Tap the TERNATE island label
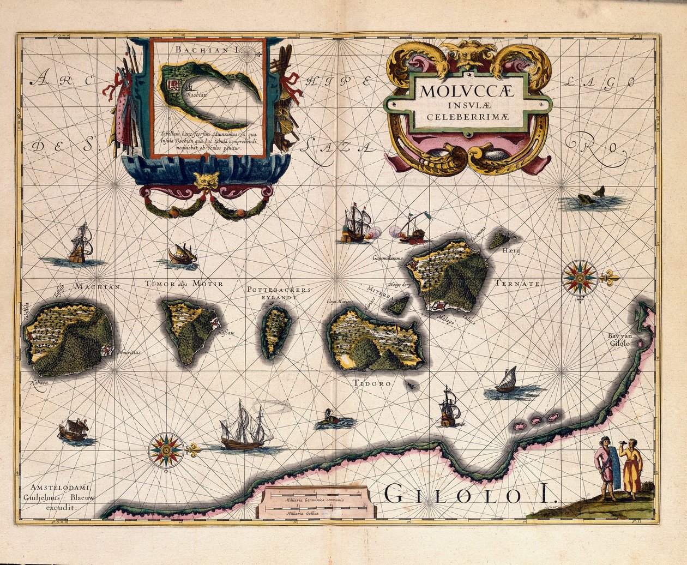tap(517, 284)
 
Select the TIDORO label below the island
tap(373, 383)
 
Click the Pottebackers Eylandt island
tap(276, 330)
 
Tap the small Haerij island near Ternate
tap(499, 239)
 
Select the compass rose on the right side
tap(579, 279)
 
